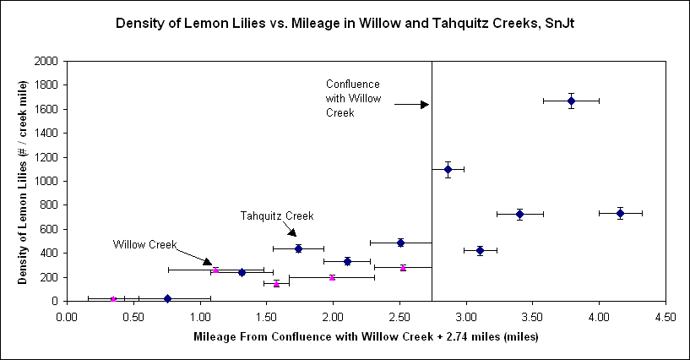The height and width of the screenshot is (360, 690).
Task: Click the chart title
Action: pyautogui.click(x=345, y=25)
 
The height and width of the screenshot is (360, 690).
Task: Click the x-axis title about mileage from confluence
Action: pyautogui.click(x=367, y=337)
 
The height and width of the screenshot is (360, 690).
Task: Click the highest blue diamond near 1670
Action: pyautogui.click(x=571, y=101)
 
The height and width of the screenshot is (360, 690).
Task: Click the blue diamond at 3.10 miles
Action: pyautogui.click(x=480, y=250)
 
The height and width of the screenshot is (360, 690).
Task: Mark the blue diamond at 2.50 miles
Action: pyautogui.click(x=400, y=243)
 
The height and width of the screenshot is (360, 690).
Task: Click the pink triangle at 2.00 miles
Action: pyautogui.click(x=332, y=276)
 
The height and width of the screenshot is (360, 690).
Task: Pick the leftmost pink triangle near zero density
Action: pyautogui.click(x=113, y=298)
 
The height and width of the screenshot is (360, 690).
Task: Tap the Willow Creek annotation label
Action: pyautogui.click(x=145, y=245)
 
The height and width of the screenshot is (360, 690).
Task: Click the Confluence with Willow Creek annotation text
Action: pyautogui.click(x=353, y=97)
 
